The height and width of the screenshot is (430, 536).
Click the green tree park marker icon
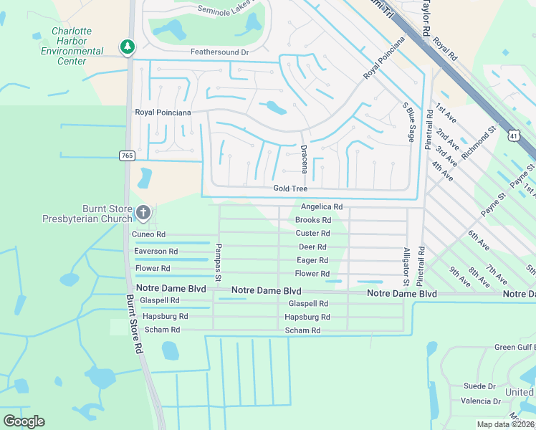[x=128, y=47]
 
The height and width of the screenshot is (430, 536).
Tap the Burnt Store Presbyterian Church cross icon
[x=143, y=212]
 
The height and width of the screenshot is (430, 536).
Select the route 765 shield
[x=127, y=156]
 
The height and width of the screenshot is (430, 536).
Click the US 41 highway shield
[x=513, y=134]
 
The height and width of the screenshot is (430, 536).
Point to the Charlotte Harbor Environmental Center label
[x=72, y=46]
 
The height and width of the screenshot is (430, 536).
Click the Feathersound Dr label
[x=219, y=52]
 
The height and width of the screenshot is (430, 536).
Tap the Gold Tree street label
[x=290, y=188]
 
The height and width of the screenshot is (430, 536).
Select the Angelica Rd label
[x=322, y=206]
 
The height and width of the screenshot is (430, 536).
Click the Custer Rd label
[x=312, y=234]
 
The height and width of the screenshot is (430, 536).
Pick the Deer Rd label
[x=312, y=247]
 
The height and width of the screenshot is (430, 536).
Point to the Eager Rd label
[x=312, y=261]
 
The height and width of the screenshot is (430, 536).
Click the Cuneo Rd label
[x=148, y=234]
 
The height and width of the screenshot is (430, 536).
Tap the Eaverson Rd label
[x=156, y=252]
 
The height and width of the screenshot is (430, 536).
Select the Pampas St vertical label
[x=218, y=262]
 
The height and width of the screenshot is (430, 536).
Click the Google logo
[x=24, y=421]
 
